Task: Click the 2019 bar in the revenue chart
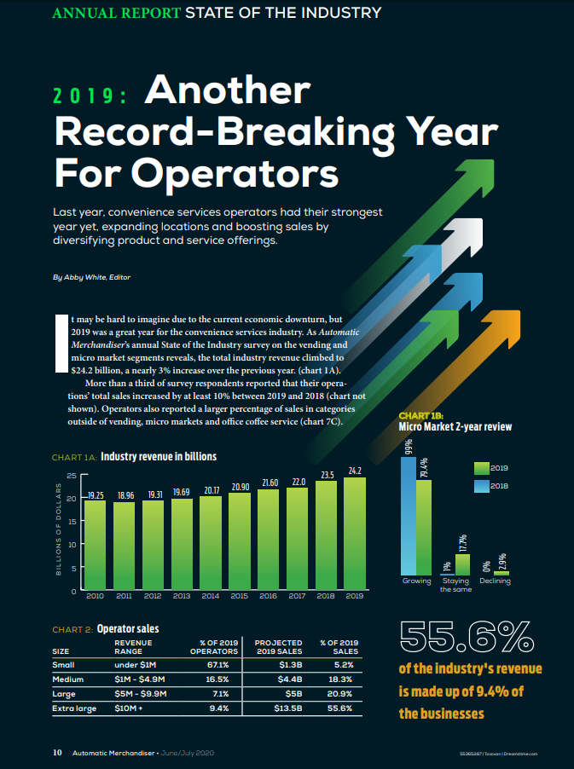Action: [354, 533]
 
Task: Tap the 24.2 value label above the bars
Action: [355, 471]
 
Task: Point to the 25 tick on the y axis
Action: [72, 475]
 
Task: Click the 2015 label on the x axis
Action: [239, 596]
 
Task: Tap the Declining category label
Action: [495, 581]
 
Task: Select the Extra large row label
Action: [74, 708]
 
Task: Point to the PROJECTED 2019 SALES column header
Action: [279, 645]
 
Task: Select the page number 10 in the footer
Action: [57, 753]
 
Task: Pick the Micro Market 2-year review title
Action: [455, 426]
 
